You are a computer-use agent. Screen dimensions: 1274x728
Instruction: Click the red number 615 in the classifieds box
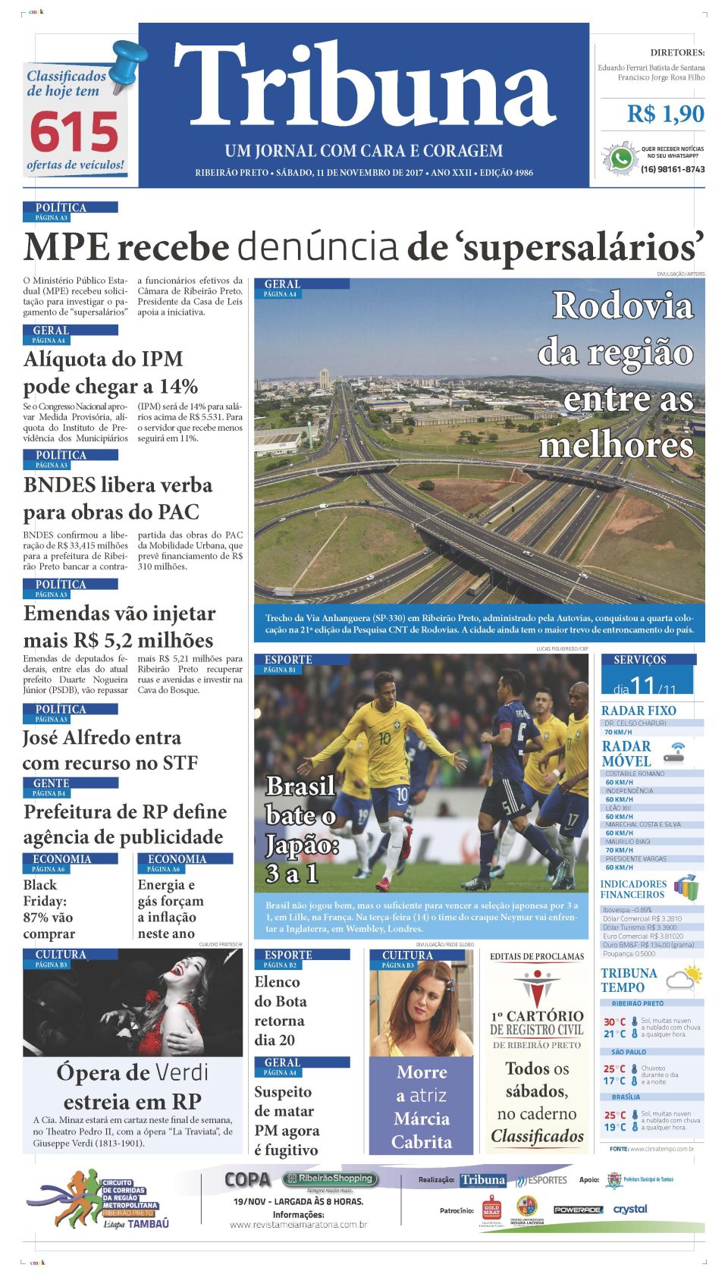pyautogui.click(x=74, y=132)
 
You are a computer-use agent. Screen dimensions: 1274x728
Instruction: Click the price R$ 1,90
pyautogui.click(x=665, y=114)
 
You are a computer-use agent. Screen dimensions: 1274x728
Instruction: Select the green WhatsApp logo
pyautogui.click(x=621, y=158)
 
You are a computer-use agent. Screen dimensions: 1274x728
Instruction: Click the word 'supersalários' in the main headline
pyautogui.click(x=582, y=248)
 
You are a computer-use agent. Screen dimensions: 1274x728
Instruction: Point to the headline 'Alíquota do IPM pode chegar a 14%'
pyautogui.click(x=111, y=372)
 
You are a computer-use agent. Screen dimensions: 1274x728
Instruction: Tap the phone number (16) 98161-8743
pyautogui.click(x=672, y=169)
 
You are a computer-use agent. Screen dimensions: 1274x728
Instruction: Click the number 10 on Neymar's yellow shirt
pyautogui.click(x=384, y=738)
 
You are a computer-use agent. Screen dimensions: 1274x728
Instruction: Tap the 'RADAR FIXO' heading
pyautogui.click(x=639, y=711)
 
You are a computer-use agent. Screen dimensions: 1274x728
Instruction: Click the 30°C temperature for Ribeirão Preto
pyautogui.click(x=614, y=1022)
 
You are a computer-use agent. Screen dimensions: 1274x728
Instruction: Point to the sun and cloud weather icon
pyautogui.click(x=684, y=978)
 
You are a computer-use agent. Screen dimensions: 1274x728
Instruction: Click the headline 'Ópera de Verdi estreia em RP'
pyautogui.click(x=132, y=1087)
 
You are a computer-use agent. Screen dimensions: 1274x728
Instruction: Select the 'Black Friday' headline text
pyautogui.click(x=49, y=909)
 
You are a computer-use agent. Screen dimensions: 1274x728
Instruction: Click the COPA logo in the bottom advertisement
pyautogui.click(x=247, y=1180)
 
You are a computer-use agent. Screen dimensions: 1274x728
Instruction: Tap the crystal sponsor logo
pyautogui.click(x=630, y=1209)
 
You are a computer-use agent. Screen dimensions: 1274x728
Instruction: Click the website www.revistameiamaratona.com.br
pyautogui.click(x=298, y=1225)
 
